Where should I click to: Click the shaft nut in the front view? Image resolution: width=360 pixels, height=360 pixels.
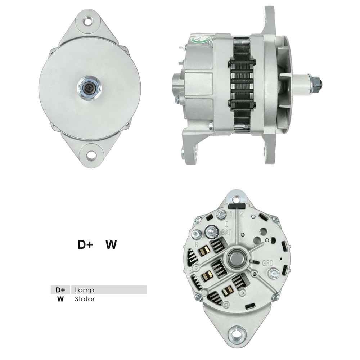point(89,88)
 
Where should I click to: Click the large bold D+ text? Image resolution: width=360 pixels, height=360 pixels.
point(86,245)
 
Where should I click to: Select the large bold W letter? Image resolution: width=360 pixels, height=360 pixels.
point(111,245)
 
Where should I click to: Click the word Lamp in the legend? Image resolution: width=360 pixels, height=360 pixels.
point(85,290)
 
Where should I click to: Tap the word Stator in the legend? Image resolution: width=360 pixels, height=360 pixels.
point(85,299)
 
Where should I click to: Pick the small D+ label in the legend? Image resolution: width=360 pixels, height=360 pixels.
point(60,290)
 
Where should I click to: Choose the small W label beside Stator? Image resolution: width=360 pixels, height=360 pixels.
point(60,299)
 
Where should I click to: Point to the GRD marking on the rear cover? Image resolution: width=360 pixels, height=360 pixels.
point(268,263)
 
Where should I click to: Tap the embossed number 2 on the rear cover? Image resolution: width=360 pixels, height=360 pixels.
point(242,215)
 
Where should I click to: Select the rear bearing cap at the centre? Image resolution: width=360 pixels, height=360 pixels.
point(237,257)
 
